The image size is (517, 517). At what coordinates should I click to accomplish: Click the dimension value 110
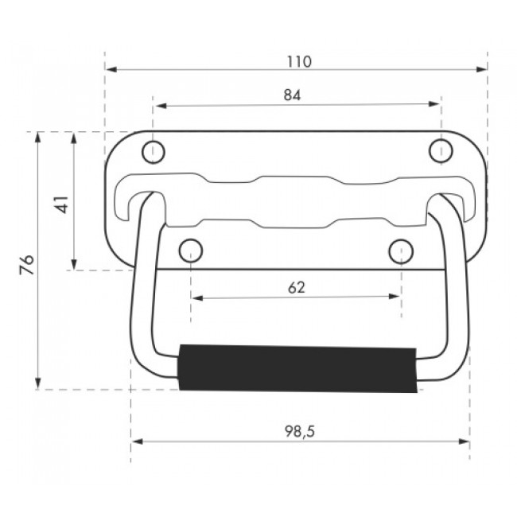299,62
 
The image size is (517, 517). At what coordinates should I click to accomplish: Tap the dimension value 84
293,95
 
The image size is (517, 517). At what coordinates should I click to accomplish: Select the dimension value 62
297,288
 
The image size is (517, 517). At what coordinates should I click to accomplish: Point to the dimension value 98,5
300,432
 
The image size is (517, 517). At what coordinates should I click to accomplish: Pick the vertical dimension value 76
27,264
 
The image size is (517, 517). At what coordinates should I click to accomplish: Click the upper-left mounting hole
154,152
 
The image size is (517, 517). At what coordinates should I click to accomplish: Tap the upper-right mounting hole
441,150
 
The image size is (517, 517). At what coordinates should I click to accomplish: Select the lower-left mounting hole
191,251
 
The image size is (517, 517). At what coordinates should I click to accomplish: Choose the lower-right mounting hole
401,251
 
